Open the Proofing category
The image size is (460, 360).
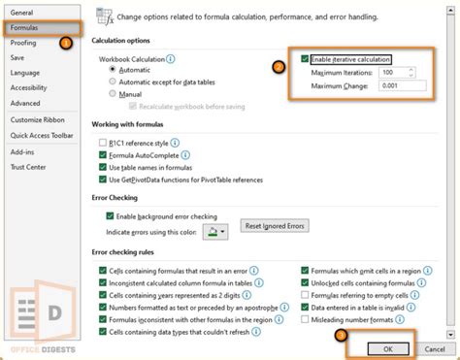[24, 42]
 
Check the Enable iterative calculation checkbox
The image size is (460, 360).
[306, 59]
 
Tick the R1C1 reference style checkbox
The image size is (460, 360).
[103, 142]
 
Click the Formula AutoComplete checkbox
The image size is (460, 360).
[103, 154]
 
